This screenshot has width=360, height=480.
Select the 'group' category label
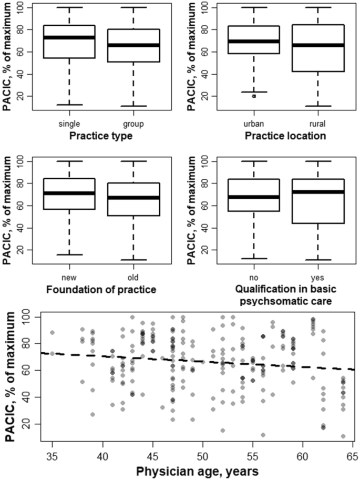pos(133,124)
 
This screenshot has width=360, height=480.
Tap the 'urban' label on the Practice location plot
pos(254,124)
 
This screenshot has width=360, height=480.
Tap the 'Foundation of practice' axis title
pos(101,288)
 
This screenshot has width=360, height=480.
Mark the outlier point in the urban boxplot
pos(254,96)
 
